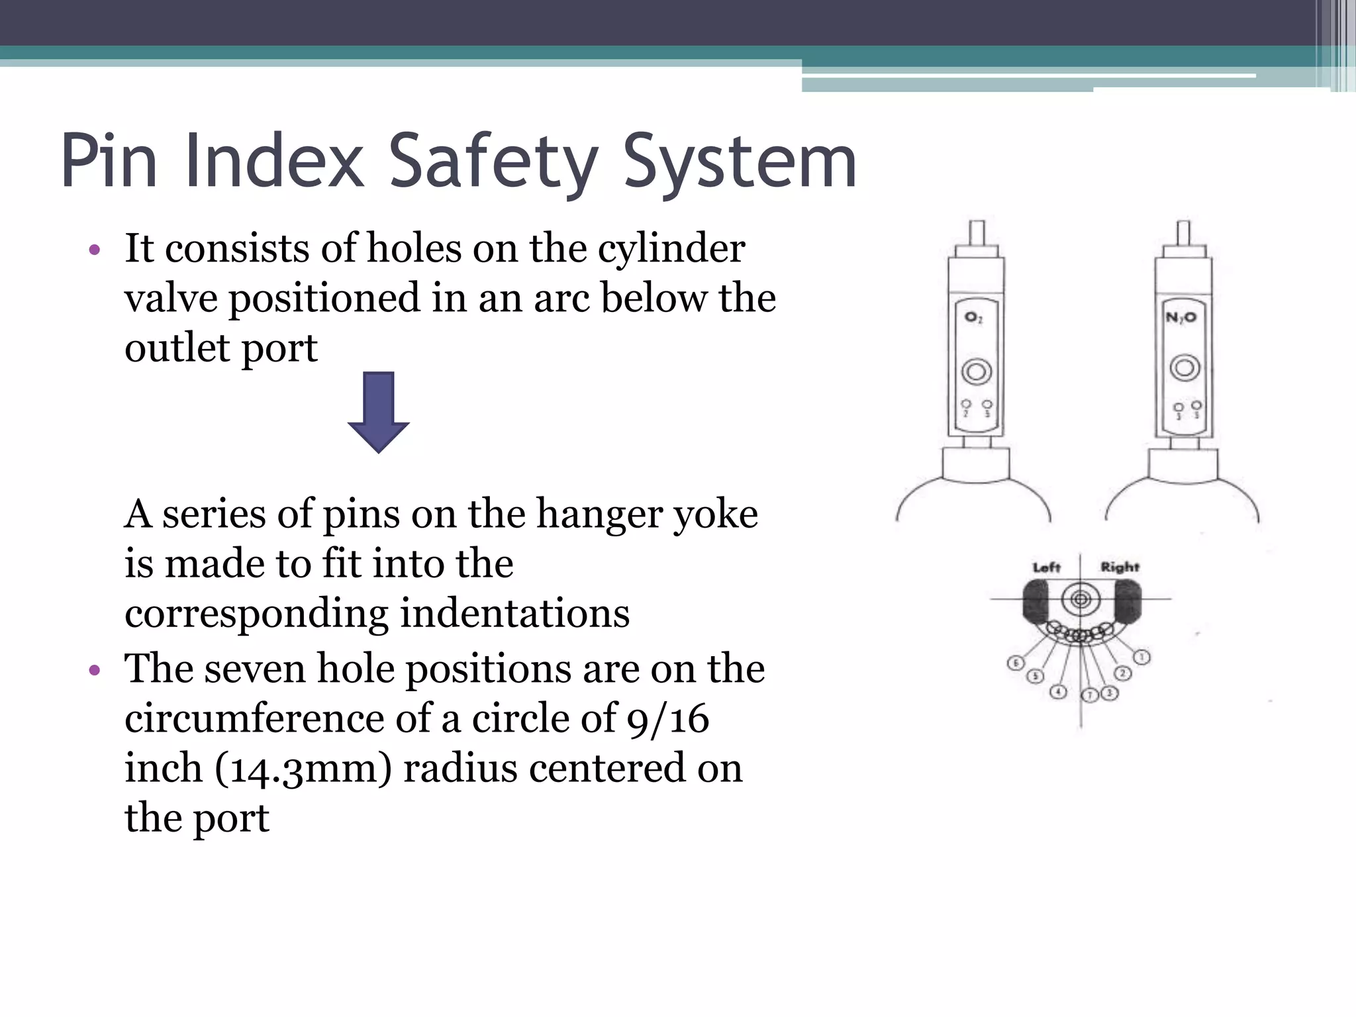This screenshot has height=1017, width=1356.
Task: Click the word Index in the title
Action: [x=275, y=161]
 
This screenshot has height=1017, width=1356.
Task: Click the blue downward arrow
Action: [x=378, y=412]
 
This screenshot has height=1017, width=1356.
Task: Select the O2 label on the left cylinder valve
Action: [x=973, y=318]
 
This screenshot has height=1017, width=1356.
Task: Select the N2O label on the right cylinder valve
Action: [x=1181, y=318]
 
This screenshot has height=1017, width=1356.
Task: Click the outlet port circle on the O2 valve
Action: [x=976, y=371]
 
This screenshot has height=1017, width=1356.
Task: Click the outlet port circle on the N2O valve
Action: [x=1185, y=367]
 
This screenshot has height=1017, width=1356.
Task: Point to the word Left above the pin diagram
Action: [x=1046, y=567]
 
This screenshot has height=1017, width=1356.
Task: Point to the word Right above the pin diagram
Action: [x=1120, y=567]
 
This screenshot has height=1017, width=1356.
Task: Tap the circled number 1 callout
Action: [x=1142, y=657]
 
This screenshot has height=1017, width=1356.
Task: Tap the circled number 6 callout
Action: [x=1015, y=663]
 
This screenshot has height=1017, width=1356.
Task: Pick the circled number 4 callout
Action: [x=1058, y=692]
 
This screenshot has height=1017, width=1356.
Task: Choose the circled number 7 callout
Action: [x=1089, y=695]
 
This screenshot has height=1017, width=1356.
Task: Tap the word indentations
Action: [x=515, y=613]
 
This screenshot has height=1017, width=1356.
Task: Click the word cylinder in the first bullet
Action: [x=671, y=248]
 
